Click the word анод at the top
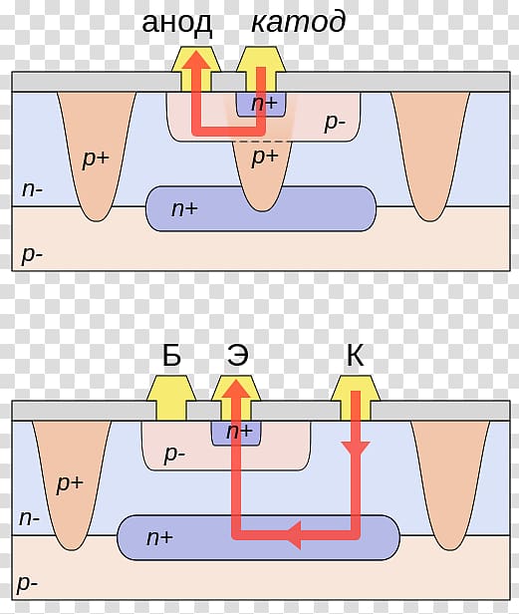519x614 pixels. [x=177, y=24]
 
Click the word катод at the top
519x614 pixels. [x=298, y=22]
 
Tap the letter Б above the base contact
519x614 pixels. [x=171, y=355]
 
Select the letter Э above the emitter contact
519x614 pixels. [x=237, y=356]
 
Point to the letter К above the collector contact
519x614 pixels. [x=355, y=355]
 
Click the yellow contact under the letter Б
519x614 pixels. [x=171, y=398]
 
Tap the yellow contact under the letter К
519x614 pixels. [x=356, y=398]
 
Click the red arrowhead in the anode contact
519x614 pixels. [x=195, y=60]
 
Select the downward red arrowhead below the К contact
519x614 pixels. [x=356, y=449]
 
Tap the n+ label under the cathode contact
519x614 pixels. [x=264, y=103]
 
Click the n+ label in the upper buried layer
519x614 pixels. [x=184, y=208]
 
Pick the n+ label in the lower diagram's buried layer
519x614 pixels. [x=159, y=537]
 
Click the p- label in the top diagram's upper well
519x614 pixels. [x=335, y=123]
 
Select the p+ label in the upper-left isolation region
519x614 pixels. [x=96, y=159]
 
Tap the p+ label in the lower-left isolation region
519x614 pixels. [x=70, y=483]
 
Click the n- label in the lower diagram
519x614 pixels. [x=29, y=518]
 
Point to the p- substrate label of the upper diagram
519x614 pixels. [x=32, y=255]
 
